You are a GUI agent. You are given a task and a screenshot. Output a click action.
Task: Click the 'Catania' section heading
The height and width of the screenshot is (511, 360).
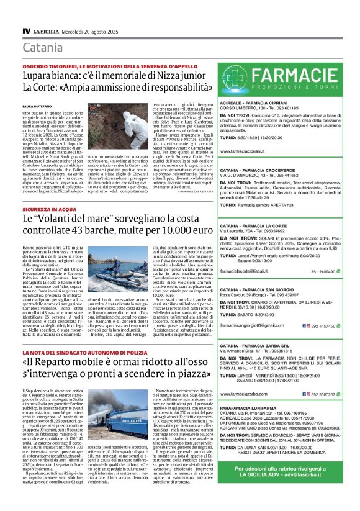[43, 48]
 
